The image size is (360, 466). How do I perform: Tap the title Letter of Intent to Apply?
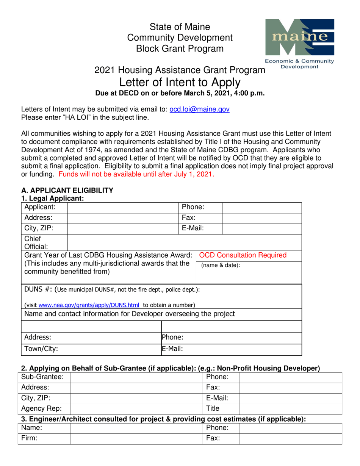[x=180, y=81]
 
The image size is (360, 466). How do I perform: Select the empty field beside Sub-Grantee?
[x=136, y=377]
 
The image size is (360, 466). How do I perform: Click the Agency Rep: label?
[x=38, y=409]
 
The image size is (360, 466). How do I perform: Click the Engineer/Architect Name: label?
[x=31, y=428]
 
